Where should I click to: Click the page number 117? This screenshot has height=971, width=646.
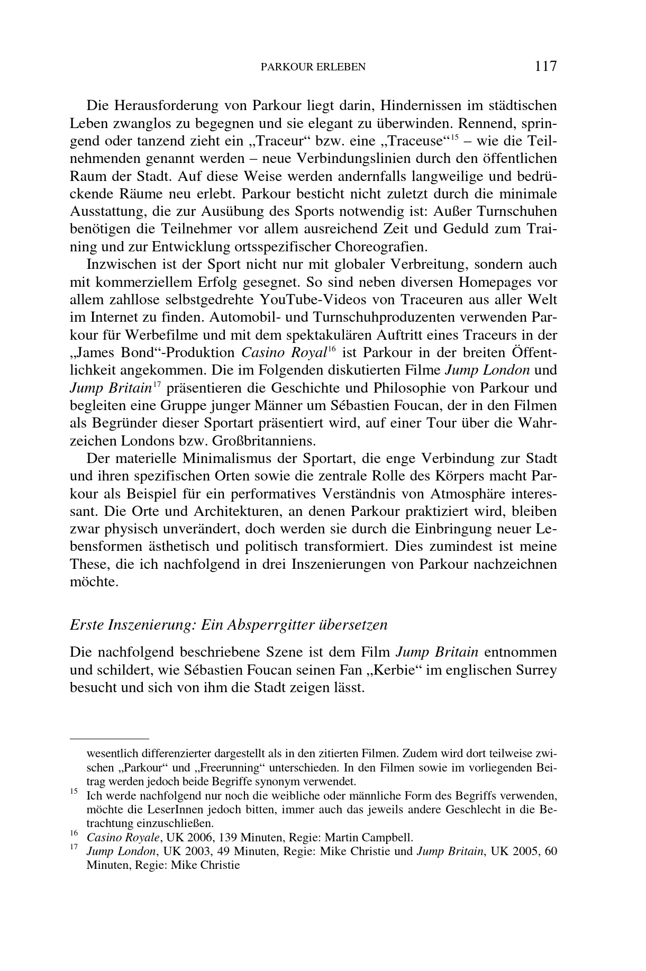(545, 66)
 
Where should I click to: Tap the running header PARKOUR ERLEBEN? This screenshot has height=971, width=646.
(314, 67)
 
